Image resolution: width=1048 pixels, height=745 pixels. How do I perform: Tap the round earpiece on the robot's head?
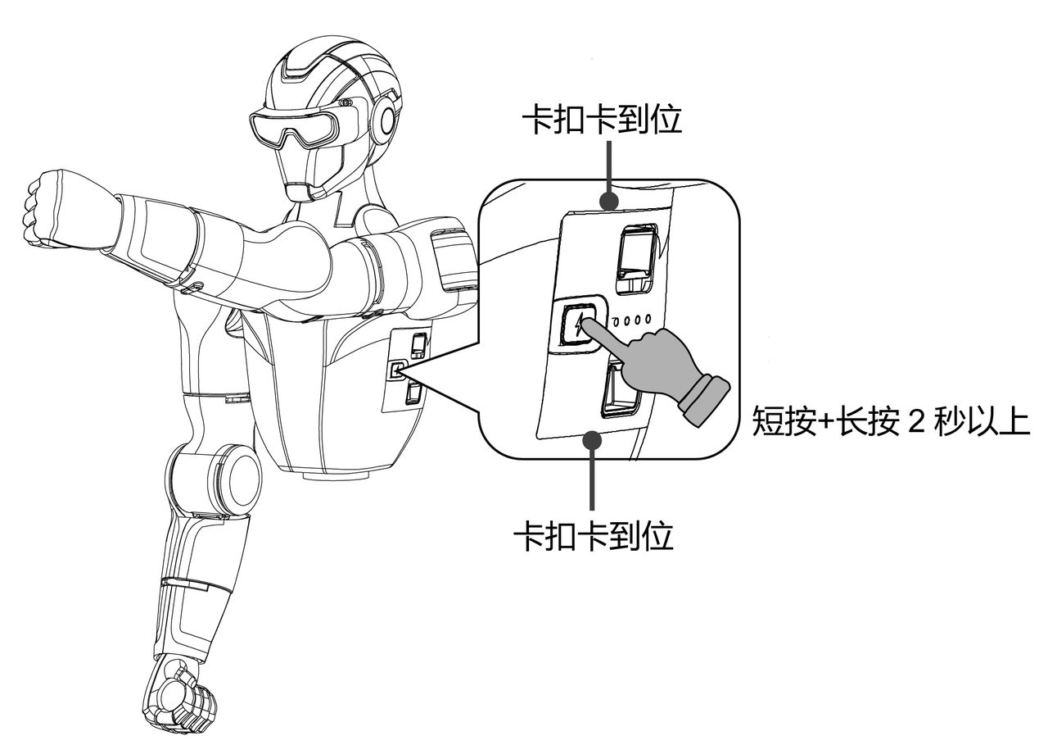(386, 120)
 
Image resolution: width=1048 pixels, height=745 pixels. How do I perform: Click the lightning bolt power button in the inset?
(579, 325)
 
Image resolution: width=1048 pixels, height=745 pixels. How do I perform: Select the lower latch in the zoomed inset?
(619, 389)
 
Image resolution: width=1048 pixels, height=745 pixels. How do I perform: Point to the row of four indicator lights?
(631, 320)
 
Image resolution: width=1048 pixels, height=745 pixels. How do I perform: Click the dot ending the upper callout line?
(608, 202)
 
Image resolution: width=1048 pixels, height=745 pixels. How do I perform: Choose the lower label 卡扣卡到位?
(594, 534)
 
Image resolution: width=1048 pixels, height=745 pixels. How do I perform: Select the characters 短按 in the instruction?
(784, 421)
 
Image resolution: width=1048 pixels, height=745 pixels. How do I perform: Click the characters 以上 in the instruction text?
(997, 421)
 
